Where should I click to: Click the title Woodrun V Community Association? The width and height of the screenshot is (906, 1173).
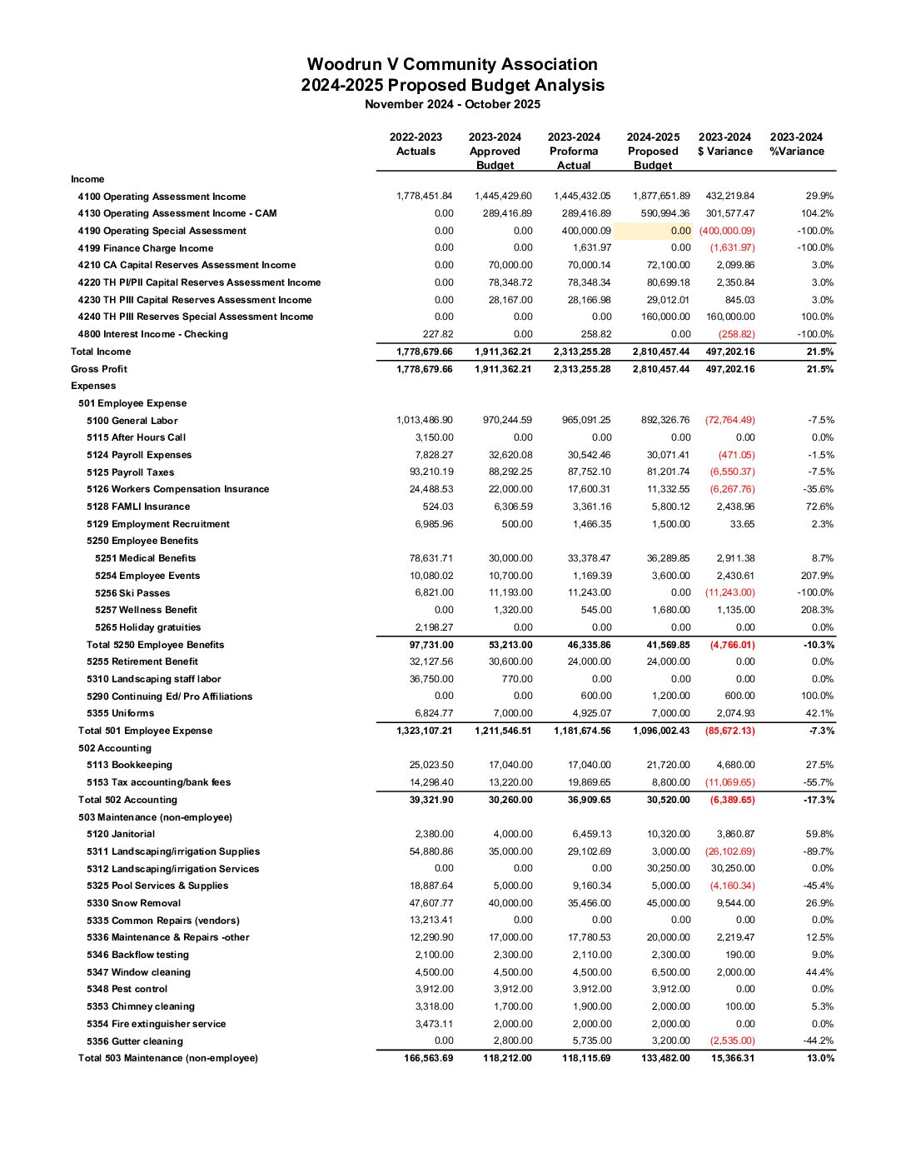(452, 64)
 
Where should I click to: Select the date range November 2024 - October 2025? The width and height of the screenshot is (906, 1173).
(452, 104)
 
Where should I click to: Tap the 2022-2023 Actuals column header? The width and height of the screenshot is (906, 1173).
(416, 144)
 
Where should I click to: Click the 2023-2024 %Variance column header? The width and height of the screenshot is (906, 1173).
(796, 144)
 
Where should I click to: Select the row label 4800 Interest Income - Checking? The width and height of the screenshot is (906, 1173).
(152, 334)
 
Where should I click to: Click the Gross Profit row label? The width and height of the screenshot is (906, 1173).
(99, 369)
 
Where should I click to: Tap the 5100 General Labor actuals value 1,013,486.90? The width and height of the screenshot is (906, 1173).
(425, 421)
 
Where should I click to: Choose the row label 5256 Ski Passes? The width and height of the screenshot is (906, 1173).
(132, 593)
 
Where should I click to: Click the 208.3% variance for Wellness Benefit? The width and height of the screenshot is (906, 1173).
(816, 610)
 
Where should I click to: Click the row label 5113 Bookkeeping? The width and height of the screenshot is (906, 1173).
(129, 765)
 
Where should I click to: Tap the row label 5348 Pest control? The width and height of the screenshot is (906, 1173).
(127, 989)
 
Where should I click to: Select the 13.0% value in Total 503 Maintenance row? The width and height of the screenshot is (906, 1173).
(820, 1058)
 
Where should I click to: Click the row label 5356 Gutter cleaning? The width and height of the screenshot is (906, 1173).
(134, 1041)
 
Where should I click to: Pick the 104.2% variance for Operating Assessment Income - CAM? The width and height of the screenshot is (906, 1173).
(817, 213)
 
